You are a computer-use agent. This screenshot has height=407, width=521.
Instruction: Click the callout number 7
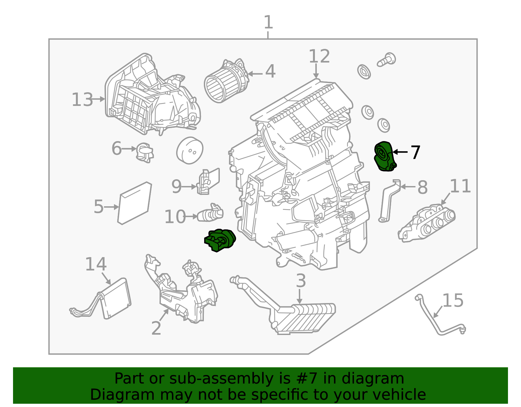pyautogui.click(x=415, y=152)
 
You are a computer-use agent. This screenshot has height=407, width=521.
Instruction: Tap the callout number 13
pyautogui.click(x=82, y=100)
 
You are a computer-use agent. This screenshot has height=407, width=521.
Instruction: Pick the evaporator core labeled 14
pyautogui.click(x=116, y=298)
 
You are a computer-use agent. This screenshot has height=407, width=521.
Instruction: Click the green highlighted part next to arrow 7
pyautogui.click(x=385, y=156)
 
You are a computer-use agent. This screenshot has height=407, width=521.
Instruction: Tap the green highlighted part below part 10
pyautogui.click(x=220, y=240)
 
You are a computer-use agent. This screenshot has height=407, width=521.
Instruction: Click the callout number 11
pyautogui.click(x=460, y=186)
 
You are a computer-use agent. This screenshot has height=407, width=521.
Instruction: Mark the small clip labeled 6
pyautogui.click(x=145, y=152)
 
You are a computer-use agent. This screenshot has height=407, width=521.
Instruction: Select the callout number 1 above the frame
pyautogui.click(x=268, y=22)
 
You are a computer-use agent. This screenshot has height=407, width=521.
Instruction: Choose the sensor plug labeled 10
pyautogui.click(x=210, y=213)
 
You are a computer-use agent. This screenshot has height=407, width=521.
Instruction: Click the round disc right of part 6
pyautogui.click(x=190, y=150)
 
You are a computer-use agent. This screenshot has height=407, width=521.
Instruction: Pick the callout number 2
pyautogui.click(x=156, y=328)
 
